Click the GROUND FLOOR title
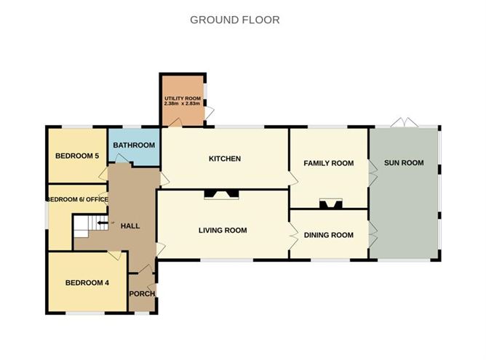coord(234,20)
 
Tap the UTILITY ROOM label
coord(182,98)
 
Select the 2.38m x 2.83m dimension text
coord(182,104)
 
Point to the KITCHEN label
coord(224,159)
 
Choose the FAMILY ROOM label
coord(328,163)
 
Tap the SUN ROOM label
coord(404,162)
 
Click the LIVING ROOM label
coord(223,231)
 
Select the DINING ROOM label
coord(328,235)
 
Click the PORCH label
coord(142,294)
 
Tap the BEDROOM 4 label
coord(87,283)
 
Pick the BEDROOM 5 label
coord(76,156)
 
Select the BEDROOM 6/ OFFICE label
coord(77,199)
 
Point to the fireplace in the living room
coord(220,194)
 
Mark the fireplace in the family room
coord(329,204)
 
